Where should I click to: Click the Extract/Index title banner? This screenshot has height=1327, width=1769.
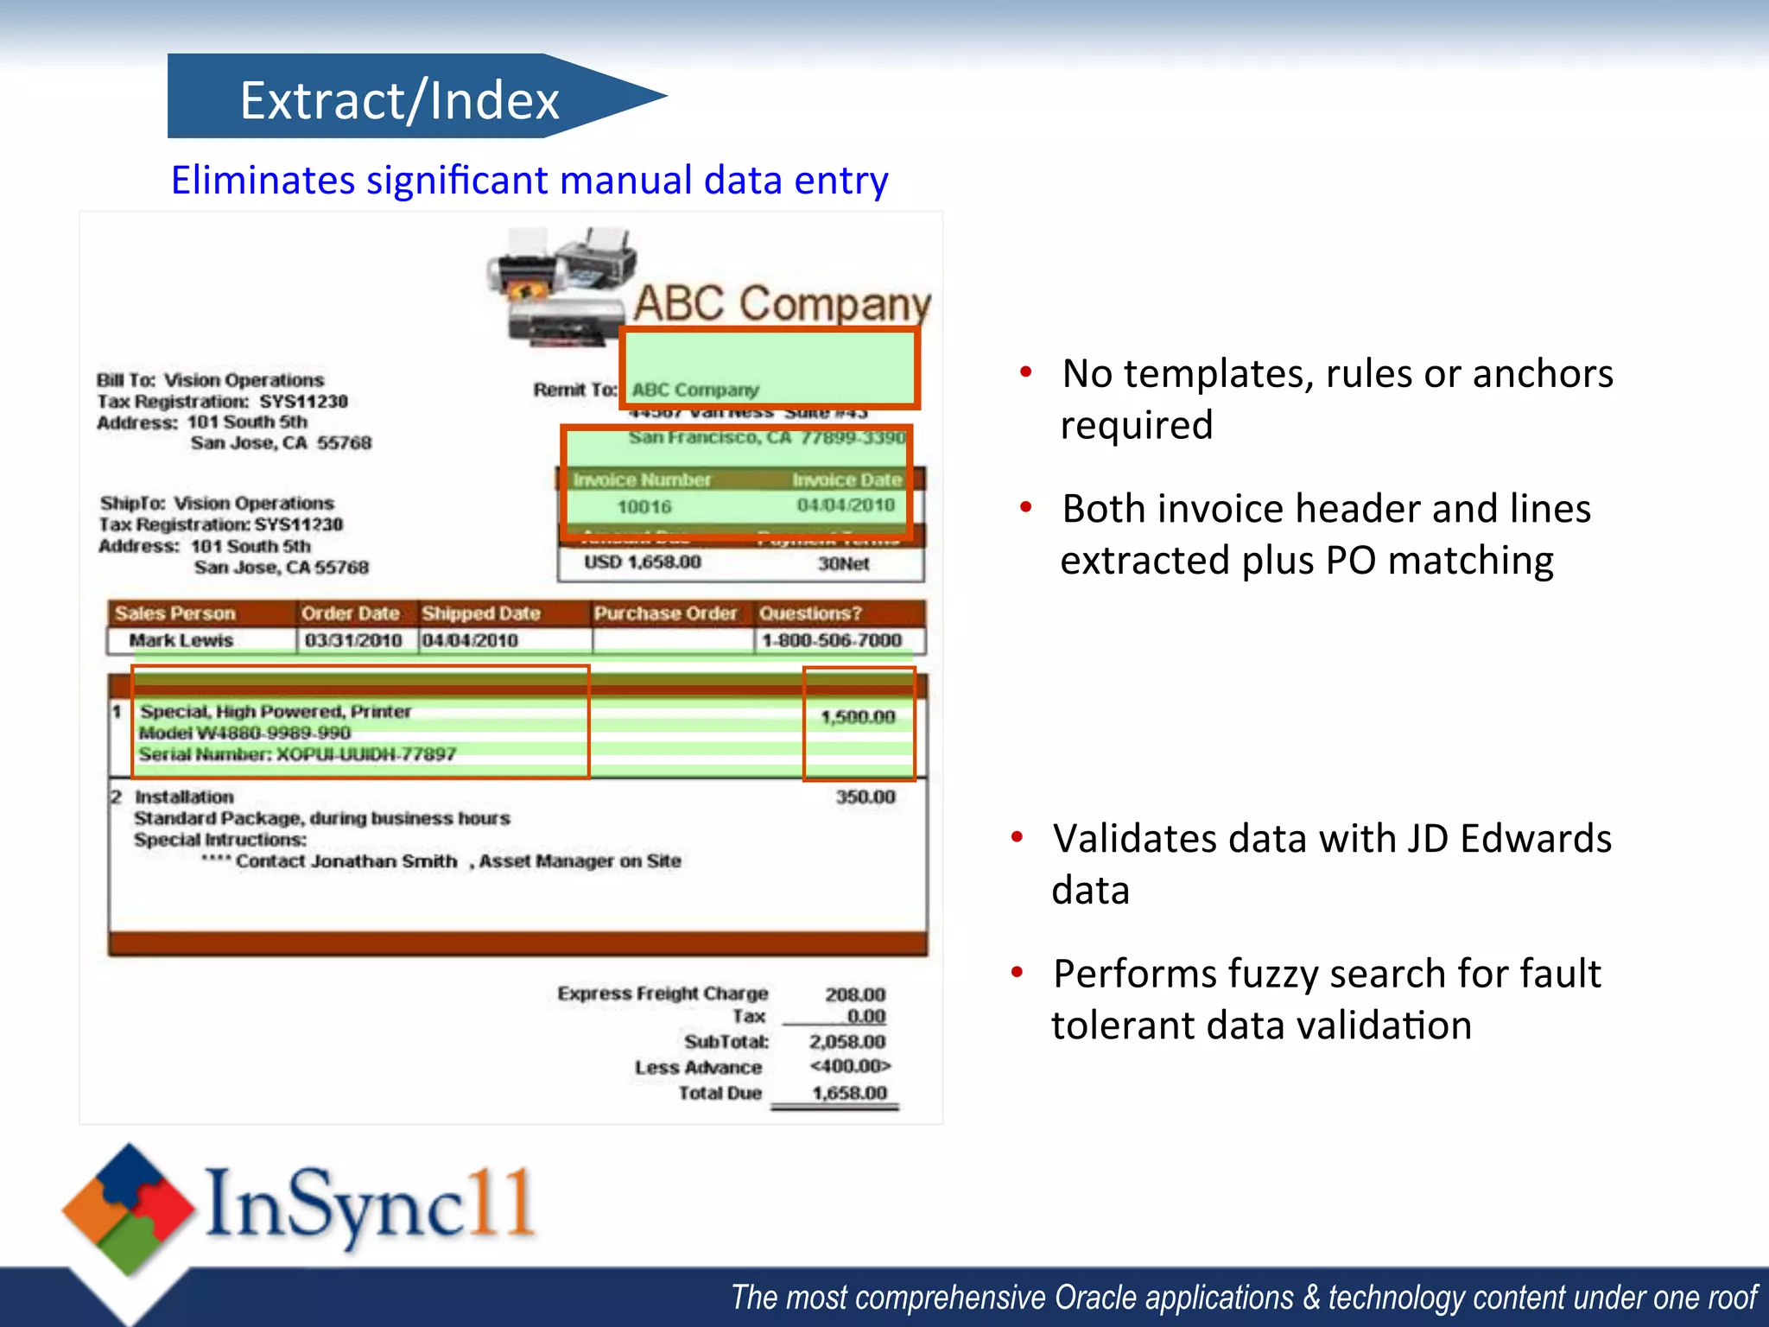[399, 98]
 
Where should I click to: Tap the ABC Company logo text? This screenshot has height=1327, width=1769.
[782, 304]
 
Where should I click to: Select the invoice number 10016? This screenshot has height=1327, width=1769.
[644, 507]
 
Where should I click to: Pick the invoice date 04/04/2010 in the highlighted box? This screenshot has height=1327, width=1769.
[846, 505]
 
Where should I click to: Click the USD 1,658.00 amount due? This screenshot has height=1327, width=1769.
[642, 562]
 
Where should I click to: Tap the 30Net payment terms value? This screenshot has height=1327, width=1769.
[843, 564]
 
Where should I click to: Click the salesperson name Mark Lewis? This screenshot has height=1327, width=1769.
[181, 641]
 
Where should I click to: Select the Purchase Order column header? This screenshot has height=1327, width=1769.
[665, 613]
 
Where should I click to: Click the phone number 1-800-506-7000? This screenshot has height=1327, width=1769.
[831, 641]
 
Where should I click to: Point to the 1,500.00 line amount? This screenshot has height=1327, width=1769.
[857, 717]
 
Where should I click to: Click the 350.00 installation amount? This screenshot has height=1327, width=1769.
[865, 797]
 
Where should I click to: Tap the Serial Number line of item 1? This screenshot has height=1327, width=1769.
[296, 754]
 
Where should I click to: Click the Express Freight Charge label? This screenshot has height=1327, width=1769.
[663, 994]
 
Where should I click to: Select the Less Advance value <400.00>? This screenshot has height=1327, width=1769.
[850, 1066]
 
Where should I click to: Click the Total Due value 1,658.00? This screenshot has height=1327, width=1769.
[849, 1093]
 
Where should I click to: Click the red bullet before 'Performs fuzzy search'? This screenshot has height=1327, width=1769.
[1018, 973]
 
